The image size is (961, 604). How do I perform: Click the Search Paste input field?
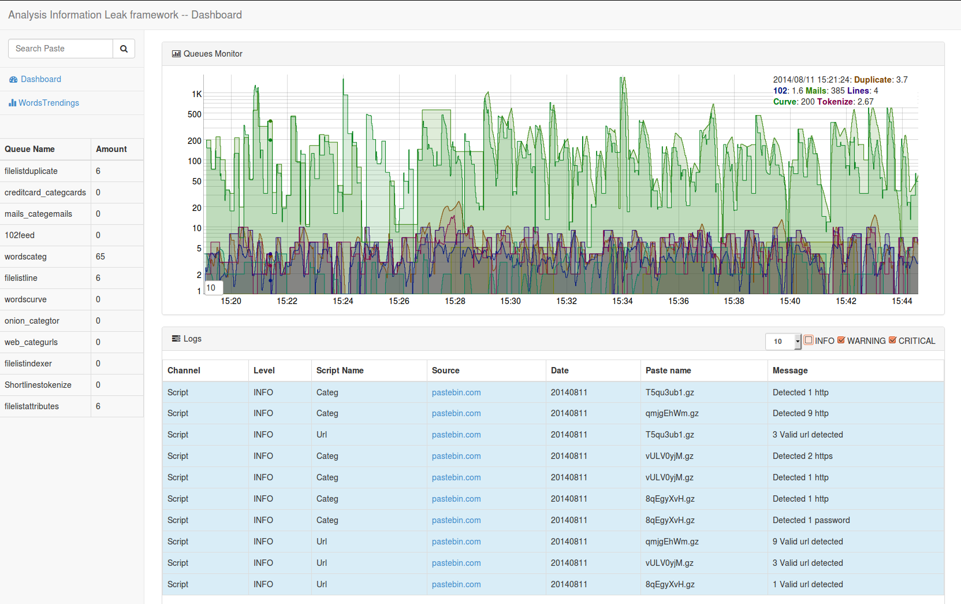point(61,49)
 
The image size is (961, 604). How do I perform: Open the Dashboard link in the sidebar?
point(40,79)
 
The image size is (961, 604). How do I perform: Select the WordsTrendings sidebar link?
point(49,103)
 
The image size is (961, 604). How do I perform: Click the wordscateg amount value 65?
point(100,257)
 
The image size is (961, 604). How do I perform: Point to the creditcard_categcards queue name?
point(45,192)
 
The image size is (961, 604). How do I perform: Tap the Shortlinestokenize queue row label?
point(38,385)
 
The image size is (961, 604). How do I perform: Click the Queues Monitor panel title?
point(213,54)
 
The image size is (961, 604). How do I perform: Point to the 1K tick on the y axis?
point(197,94)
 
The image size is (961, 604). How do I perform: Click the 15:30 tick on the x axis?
point(511,301)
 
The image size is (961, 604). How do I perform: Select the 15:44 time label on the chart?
point(902,301)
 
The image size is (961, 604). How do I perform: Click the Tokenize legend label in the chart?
point(835,102)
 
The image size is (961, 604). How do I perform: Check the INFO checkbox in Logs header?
point(809,340)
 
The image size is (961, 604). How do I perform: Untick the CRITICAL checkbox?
point(893,340)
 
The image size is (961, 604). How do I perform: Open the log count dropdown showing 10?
point(783,342)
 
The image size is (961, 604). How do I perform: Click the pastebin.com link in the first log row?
point(456,392)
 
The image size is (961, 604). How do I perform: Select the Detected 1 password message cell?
point(811,520)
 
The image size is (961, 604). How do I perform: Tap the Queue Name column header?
point(30,149)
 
